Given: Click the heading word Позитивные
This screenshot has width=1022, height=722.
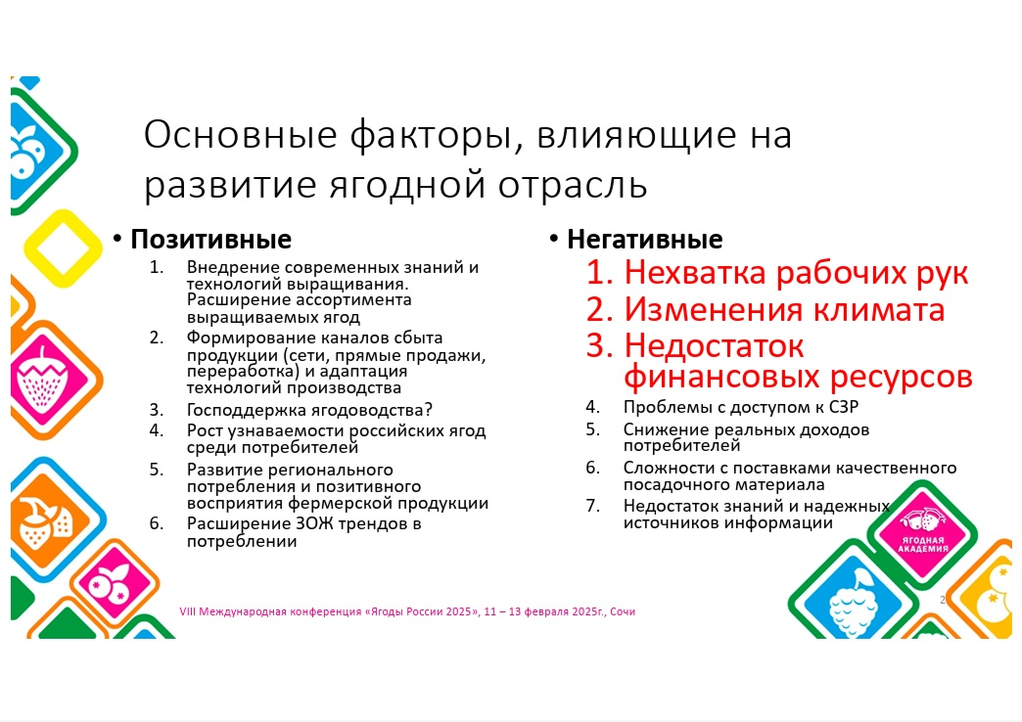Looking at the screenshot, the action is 210,240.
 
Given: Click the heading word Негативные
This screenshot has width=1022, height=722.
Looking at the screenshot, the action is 644,239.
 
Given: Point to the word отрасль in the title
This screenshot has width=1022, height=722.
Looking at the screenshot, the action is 573,184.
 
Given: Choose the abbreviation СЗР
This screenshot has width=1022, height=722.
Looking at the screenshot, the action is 844,407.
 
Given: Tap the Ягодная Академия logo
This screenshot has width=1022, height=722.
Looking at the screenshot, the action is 921,530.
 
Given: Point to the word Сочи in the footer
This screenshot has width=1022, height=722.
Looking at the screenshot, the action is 623,611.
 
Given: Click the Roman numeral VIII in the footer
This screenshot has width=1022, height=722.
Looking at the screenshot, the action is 188,611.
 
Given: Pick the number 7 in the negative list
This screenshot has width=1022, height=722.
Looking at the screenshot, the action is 591,506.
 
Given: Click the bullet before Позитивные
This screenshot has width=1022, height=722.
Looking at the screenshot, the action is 117,239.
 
